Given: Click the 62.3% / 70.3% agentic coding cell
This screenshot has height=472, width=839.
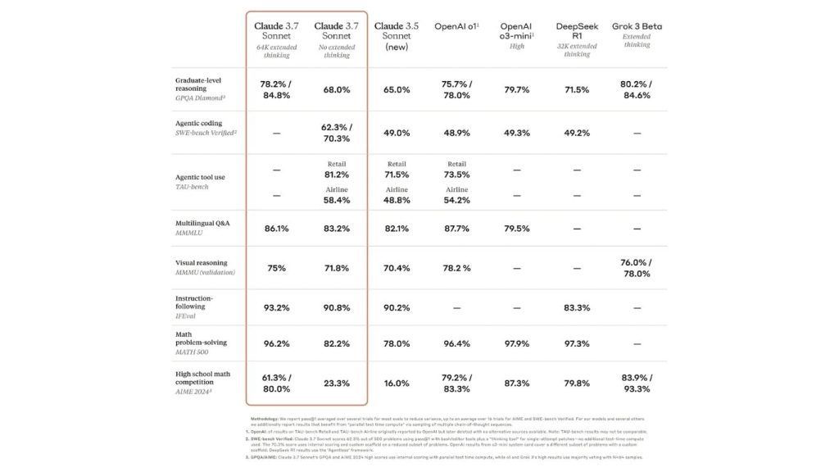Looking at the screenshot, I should (337, 132).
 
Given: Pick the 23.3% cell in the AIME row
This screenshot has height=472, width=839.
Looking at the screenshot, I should (337, 383).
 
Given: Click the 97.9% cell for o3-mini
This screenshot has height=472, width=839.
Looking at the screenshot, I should (517, 343).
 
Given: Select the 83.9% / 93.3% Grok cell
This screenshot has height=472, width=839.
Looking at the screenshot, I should (637, 383).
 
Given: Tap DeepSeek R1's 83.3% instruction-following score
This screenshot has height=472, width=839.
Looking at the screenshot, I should (577, 307).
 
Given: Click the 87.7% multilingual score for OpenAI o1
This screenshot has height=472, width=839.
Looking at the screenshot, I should (456, 229).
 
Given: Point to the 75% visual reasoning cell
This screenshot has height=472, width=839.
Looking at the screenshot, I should (276, 267).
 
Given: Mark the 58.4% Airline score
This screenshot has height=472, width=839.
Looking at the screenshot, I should (337, 199).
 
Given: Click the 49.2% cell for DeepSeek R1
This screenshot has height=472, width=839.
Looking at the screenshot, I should (577, 133).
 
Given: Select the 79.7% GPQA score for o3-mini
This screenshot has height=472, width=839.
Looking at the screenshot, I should (517, 89).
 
